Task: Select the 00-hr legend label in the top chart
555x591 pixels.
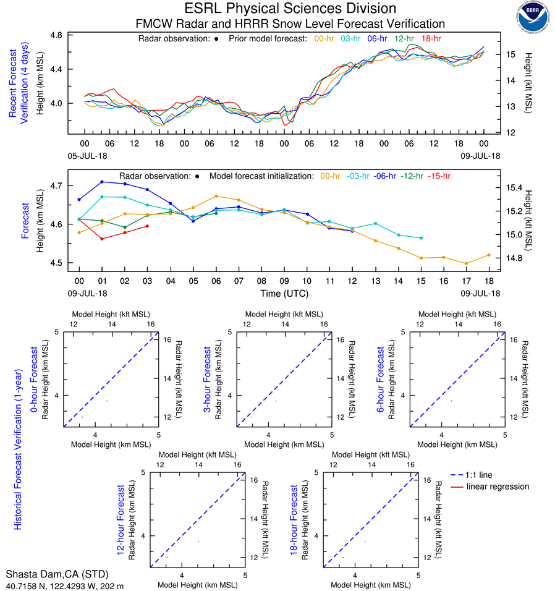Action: click(325, 38)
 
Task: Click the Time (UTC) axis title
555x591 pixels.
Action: click(284, 293)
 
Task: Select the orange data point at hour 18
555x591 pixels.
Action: click(489, 255)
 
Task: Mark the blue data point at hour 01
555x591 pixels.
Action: click(102, 182)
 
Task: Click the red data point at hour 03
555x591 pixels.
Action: click(147, 226)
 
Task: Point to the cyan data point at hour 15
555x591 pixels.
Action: click(422, 238)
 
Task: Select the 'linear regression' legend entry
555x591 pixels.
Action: click(498, 487)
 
